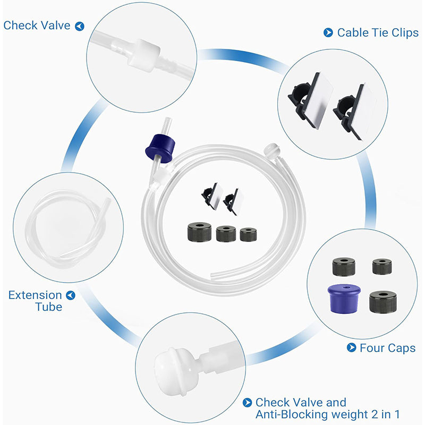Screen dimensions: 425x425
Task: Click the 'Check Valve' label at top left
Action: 37,25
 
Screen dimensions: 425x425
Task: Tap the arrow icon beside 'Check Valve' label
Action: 80,26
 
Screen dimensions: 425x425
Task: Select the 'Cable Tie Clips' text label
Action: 378,33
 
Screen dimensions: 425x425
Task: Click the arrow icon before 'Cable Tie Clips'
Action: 328,32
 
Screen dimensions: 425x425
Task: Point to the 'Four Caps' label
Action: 388,348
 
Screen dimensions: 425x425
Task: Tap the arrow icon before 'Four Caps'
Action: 352,347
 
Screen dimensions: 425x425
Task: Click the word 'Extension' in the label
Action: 35,295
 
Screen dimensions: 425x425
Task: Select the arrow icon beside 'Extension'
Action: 71,295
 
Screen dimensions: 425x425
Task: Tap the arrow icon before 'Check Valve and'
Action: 247,403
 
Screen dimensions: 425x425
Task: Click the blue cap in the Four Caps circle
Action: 344,299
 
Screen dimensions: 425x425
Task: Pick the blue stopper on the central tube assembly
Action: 160,149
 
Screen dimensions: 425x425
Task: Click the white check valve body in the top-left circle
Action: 144,56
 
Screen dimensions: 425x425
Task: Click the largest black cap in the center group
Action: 200,232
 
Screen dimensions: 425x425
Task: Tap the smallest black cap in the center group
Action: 248,234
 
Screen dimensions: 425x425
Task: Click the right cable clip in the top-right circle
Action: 355,111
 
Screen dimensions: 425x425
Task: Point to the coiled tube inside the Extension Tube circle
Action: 68,228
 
